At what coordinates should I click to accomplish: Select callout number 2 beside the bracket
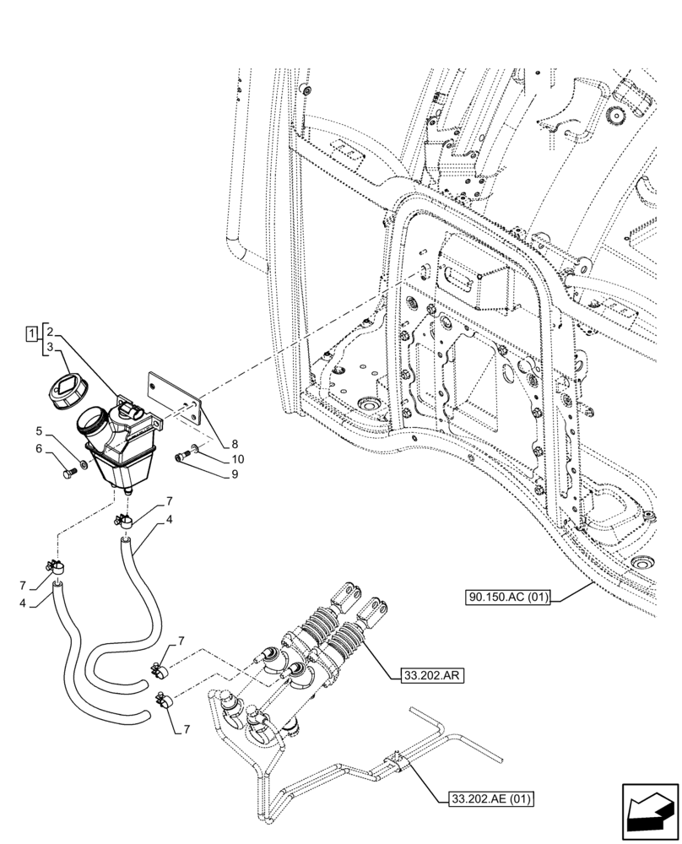click(51, 332)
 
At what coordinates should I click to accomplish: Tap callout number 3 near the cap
click(51, 347)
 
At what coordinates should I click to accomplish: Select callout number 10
click(214, 459)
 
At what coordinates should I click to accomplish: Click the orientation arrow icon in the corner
click(649, 812)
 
